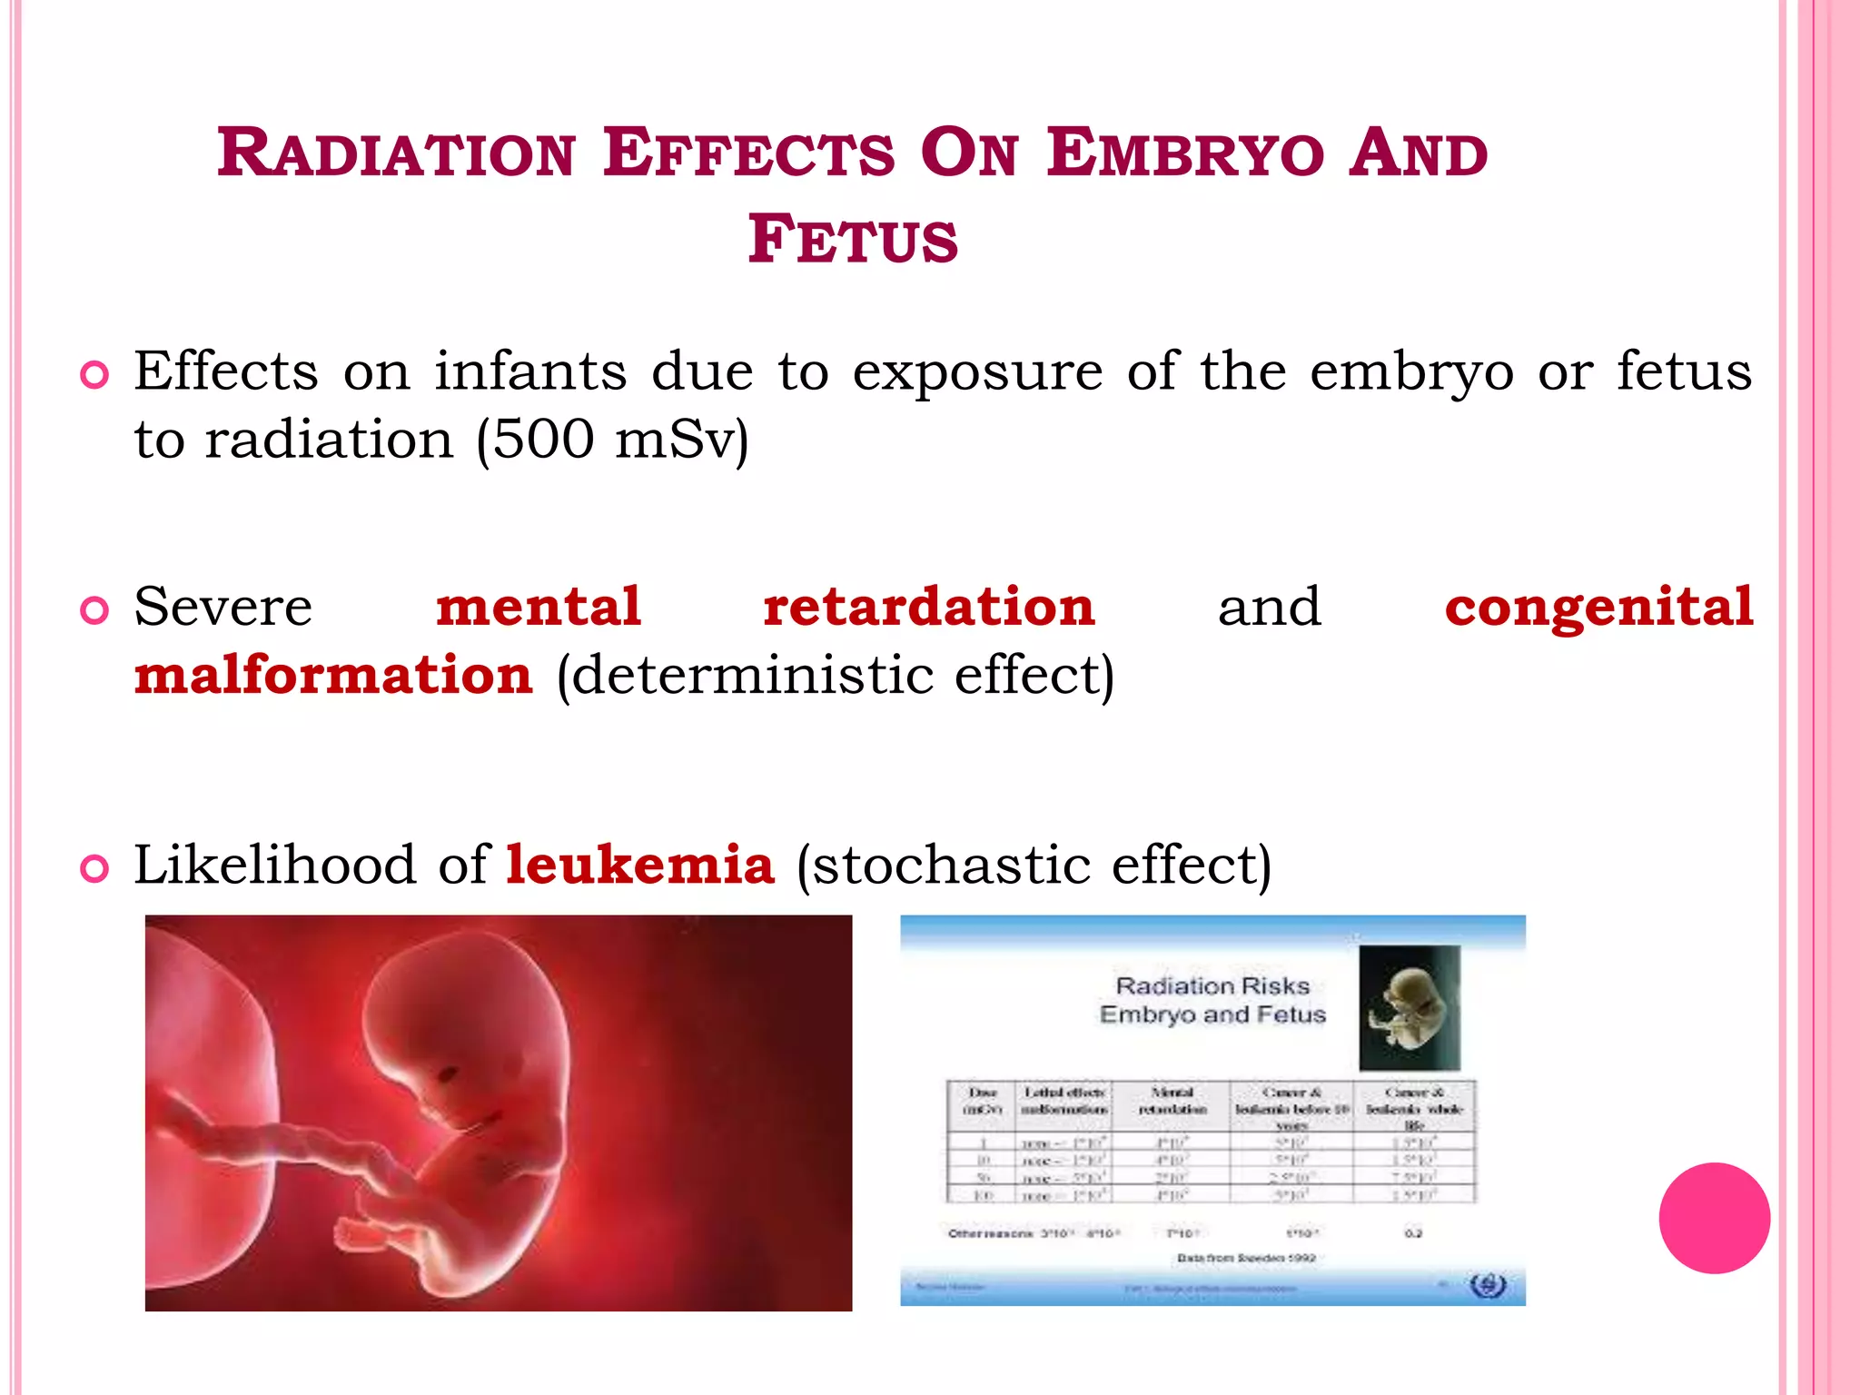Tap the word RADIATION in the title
(x=396, y=153)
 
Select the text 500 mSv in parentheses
(x=612, y=440)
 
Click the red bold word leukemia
(x=639, y=864)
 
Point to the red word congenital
(x=1598, y=607)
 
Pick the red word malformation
(x=333, y=676)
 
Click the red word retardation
(x=928, y=607)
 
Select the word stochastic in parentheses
(x=951, y=864)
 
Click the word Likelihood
(x=275, y=864)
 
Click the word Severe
(x=223, y=607)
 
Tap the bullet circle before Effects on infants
(x=94, y=375)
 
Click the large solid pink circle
(x=1714, y=1218)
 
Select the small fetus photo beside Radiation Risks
(x=1409, y=1008)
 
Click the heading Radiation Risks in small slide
(x=1212, y=986)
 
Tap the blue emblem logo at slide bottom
(x=1487, y=1286)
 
